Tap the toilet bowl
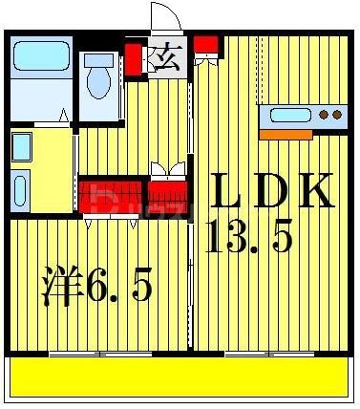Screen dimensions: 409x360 click(x=96, y=82)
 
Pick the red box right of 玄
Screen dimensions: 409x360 click(x=204, y=45)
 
